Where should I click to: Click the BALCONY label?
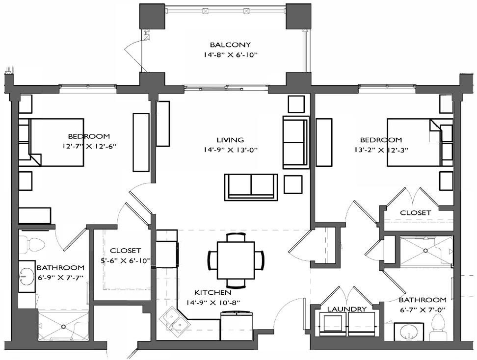pyautogui.click(x=230, y=45)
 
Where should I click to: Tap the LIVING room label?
pyautogui.click(x=230, y=140)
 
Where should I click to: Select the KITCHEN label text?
pyautogui.click(x=213, y=292)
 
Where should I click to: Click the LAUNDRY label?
pyautogui.click(x=347, y=309)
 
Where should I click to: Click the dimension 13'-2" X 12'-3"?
pyautogui.click(x=381, y=150)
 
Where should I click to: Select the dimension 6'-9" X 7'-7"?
pyautogui.click(x=60, y=277)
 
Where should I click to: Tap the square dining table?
pyautogui.click(x=236, y=260)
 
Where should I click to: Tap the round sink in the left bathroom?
pyautogui.click(x=27, y=277)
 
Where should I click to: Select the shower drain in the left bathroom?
pyautogui.click(x=63, y=327)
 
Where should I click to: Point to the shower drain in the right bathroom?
pyautogui.click(x=425, y=251)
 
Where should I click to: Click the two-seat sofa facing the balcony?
pyautogui.click(x=251, y=187)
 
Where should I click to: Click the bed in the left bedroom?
pyautogui.click(x=56, y=142)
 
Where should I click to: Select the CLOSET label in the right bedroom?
pyautogui.click(x=415, y=213)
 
